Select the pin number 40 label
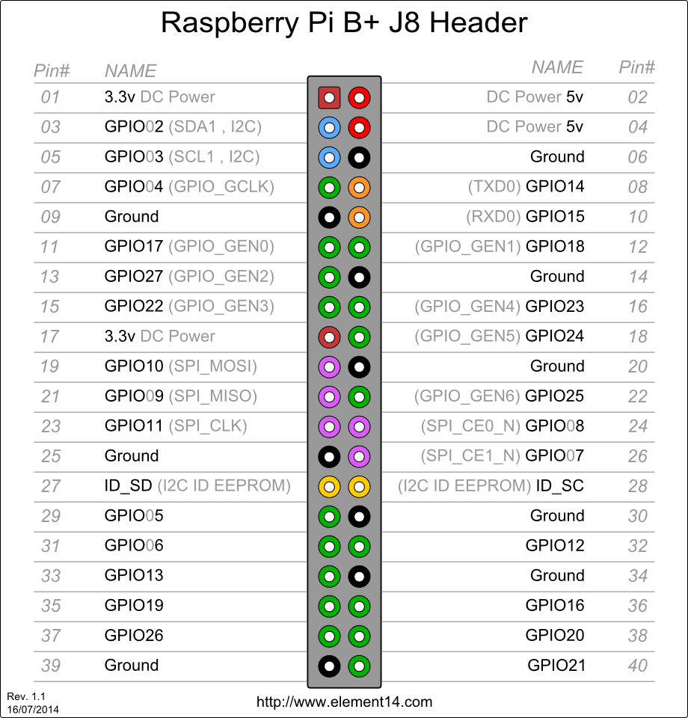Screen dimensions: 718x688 (x=637, y=665)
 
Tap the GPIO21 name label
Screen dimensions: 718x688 (x=556, y=665)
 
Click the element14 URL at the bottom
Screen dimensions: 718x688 (x=344, y=702)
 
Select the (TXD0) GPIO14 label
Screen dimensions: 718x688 (x=526, y=186)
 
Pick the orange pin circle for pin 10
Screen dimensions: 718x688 (x=360, y=217)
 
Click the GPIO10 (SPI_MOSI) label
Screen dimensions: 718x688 (x=180, y=366)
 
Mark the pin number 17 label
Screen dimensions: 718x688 (x=49, y=336)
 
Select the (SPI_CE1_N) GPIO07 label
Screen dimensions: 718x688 (x=503, y=455)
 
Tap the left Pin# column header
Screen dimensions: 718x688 (x=52, y=70)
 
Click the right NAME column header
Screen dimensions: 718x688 (x=557, y=67)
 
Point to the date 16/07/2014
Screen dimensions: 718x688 (x=33, y=708)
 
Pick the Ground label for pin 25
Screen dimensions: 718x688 (x=132, y=455)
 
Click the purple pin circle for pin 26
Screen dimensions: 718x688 (x=360, y=456)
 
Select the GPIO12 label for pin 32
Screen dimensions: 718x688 (x=554, y=545)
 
